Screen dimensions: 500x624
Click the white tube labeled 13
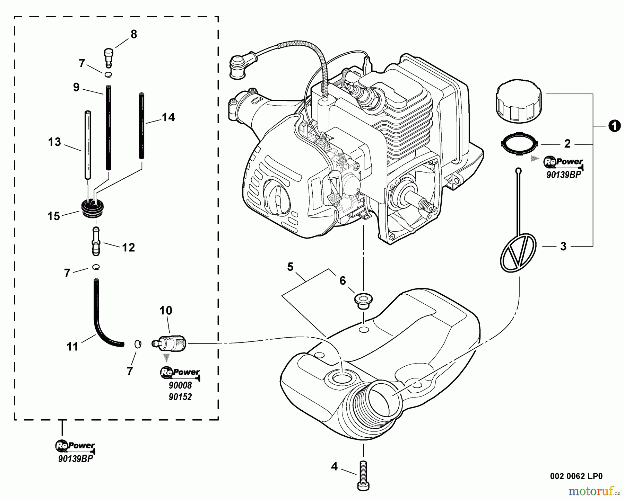88,144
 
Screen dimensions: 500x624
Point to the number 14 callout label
168,118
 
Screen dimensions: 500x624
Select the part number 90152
180,397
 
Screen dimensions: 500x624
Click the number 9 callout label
76,87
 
